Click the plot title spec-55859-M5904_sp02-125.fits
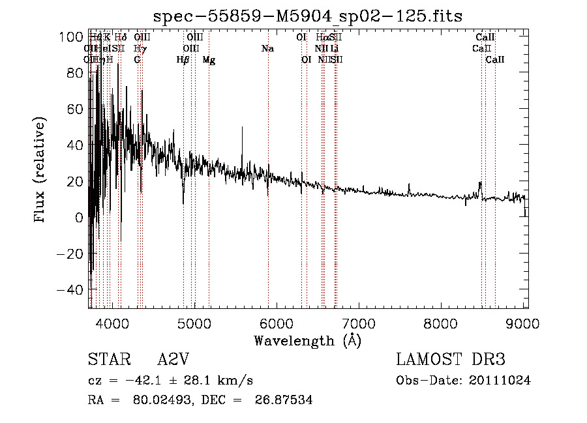pyautogui.click(x=307, y=16)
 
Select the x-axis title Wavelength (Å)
pyautogui.click(x=307, y=340)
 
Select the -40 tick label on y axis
pyautogui.click(x=69, y=289)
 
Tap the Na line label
pyautogui.click(x=267, y=49)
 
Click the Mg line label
pyautogui.click(x=209, y=60)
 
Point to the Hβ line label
pyautogui.click(x=183, y=60)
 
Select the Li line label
pyautogui.click(x=334, y=49)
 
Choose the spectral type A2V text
pyautogui.click(x=173, y=360)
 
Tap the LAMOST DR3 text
pyautogui.click(x=451, y=360)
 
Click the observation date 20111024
pyautogui.click(x=499, y=381)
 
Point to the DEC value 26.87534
pyautogui.click(x=285, y=400)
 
